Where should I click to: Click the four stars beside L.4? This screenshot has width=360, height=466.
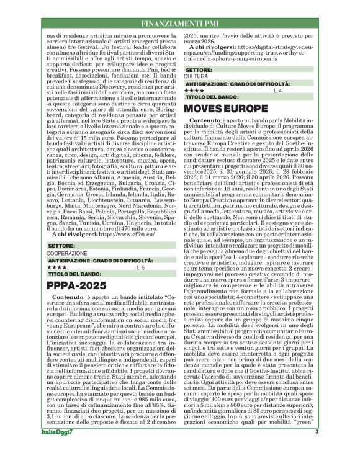click(x=193, y=91)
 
